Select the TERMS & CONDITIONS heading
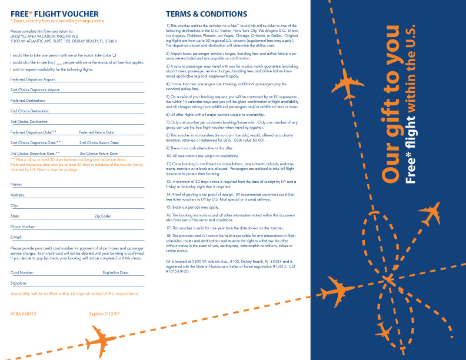206,14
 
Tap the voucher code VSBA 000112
24,314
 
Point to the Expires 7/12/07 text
104,314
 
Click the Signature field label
19,283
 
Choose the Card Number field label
22,273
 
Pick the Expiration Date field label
115,273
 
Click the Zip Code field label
103,216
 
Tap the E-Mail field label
16,236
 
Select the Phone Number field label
23,226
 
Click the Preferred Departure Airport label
33,79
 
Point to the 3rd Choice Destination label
29,121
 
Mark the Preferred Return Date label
96,132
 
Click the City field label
14,205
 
